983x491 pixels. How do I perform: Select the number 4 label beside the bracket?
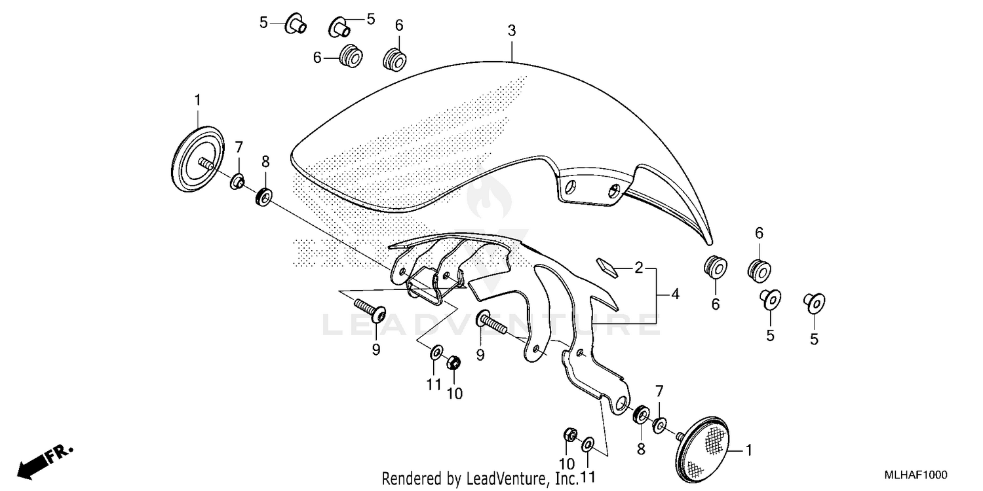[x=675, y=295]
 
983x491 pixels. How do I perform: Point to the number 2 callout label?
[x=638, y=268]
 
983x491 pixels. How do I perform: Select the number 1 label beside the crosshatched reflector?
[x=749, y=451]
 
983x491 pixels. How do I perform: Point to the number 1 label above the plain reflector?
[x=197, y=100]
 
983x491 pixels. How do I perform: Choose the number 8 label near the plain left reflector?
[x=265, y=161]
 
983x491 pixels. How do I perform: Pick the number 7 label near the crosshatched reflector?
[x=660, y=391]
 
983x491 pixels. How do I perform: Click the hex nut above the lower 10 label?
[x=570, y=435]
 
